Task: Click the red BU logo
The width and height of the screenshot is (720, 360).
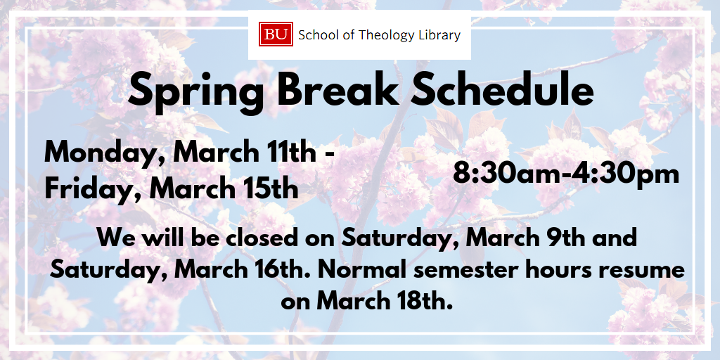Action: point(276,34)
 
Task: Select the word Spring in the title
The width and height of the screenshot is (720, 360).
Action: point(196,91)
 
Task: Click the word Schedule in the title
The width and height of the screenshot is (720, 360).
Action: point(502,89)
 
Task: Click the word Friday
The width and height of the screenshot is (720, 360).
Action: point(94,188)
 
